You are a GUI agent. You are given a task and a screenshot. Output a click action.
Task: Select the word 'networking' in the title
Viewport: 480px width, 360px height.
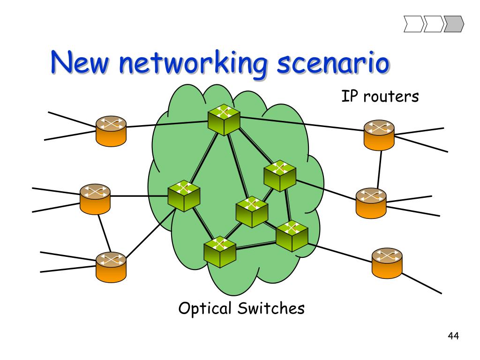point(193,64)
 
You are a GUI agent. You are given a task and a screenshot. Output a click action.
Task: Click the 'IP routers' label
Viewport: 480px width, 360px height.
point(380,96)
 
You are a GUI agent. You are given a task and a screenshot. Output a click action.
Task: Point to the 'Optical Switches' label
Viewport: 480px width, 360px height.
point(241,308)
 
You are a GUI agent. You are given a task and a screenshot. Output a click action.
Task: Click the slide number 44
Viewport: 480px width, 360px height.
point(453,336)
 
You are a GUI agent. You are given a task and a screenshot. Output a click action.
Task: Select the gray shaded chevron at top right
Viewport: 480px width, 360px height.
point(454,24)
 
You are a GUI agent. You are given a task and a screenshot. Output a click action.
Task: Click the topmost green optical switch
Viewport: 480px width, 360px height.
point(224,120)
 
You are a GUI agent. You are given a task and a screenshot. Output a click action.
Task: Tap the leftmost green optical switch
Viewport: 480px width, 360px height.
point(184,196)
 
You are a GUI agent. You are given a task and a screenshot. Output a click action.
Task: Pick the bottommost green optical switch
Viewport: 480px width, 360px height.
point(220,252)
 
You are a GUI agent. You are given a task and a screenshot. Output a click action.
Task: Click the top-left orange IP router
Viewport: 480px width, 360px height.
point(111,131)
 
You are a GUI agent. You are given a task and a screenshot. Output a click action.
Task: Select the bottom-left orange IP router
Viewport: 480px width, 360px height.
point(111,267)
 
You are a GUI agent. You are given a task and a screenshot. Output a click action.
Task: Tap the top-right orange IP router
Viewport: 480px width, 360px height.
point(379,135)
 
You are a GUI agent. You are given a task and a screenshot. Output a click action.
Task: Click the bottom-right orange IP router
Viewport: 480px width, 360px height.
point(387,263)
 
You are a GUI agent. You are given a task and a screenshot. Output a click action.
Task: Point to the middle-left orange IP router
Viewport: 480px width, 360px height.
point(95,199)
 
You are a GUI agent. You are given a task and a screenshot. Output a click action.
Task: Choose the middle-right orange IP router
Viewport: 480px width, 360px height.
point(371,203)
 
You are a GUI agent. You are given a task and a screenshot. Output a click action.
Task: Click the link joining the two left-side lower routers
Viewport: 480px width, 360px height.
point(105,233)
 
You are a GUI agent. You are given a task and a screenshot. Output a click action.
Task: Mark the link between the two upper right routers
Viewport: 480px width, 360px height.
point(379,170)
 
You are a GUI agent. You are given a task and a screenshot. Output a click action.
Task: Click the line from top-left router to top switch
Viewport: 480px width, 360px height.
point(167,124)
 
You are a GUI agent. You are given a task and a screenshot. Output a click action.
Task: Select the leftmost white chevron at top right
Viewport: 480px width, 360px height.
point(414,24)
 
